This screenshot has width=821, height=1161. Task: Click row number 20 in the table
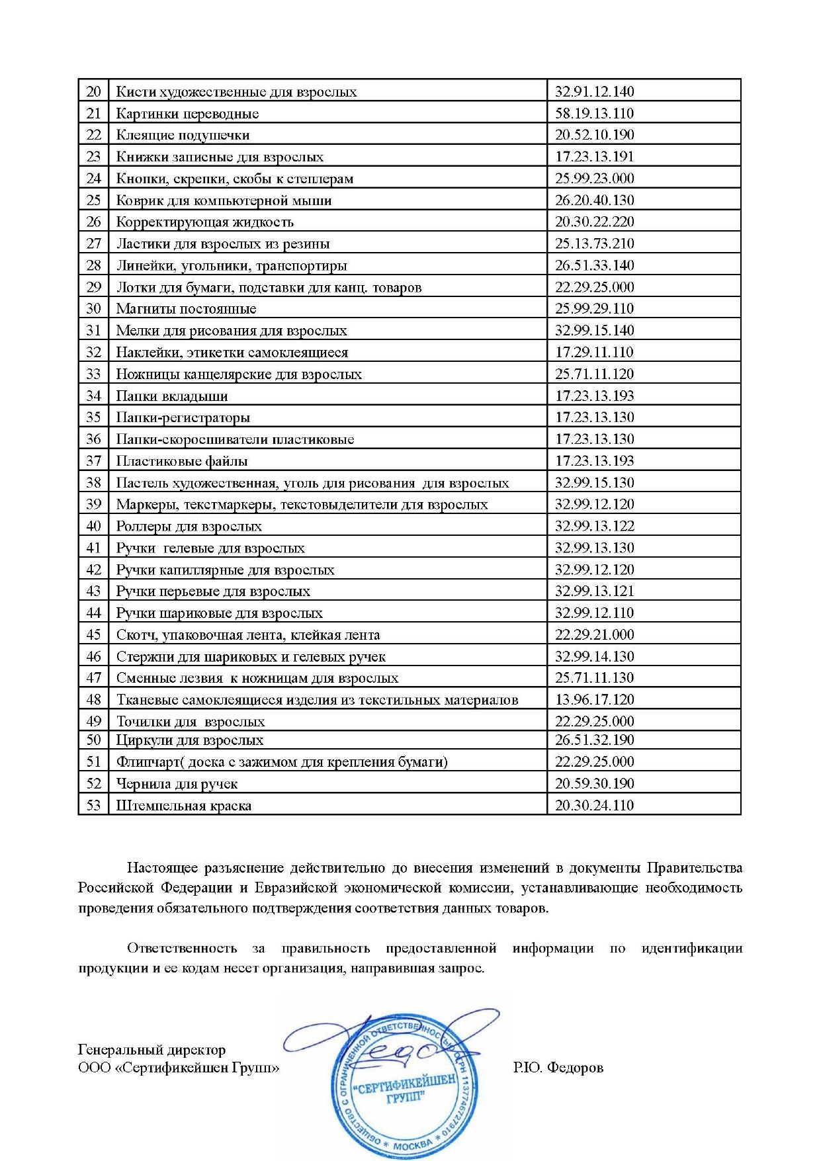pyautogui.click(x=94, y=91)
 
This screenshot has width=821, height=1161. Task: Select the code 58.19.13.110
pyautogui.click(x=594, y=113)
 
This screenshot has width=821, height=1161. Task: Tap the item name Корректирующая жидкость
pyautogui.click(x=204, y=222)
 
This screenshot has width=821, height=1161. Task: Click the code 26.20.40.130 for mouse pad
pyautogui.click(x=594, y=200)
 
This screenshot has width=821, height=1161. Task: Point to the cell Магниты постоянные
pyautogui.click(x=186, y=308)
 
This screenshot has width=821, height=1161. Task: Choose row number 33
pyautogui.click(x=94, y=374)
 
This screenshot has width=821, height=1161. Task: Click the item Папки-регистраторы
pyautogui.click(x=183, y=417)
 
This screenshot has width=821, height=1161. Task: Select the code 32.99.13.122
pyautogui.click(x=594, y=526)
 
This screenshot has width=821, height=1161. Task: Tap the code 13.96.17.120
pyautogui.click(x=594, y=699)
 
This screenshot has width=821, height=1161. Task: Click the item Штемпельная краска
pyautogui.click(x=183, y=805)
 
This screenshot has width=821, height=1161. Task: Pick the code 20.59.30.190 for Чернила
pyautogui.click(x=594, y=783)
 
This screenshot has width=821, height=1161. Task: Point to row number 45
pyautogui.click(x=94, y=634)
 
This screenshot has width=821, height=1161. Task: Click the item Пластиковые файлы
pyautogui.click(x=182, y=460)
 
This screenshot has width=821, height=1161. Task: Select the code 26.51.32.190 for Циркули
pyautogui.click(x=594, y=740)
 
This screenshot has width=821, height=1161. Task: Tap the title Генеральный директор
pyautogui.click(x=151, y=1049)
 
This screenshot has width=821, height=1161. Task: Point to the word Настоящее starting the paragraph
pyautogui.click(x=159, y=867)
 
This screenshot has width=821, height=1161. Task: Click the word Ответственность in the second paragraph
pyautogui.click(x=182, y=948)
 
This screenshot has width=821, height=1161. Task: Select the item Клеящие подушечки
pyautogui.click(x=183, y=135)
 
